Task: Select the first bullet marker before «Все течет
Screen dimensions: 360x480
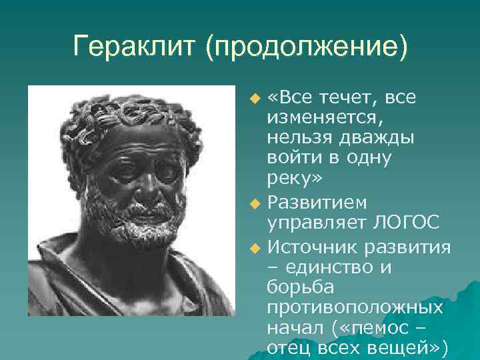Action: pyautogui.click(x=253, y=100)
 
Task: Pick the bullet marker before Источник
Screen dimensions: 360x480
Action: pyautogui.click(x=253, y=249)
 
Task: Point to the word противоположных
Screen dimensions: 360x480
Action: pyautogui.click(x=354, y=307)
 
